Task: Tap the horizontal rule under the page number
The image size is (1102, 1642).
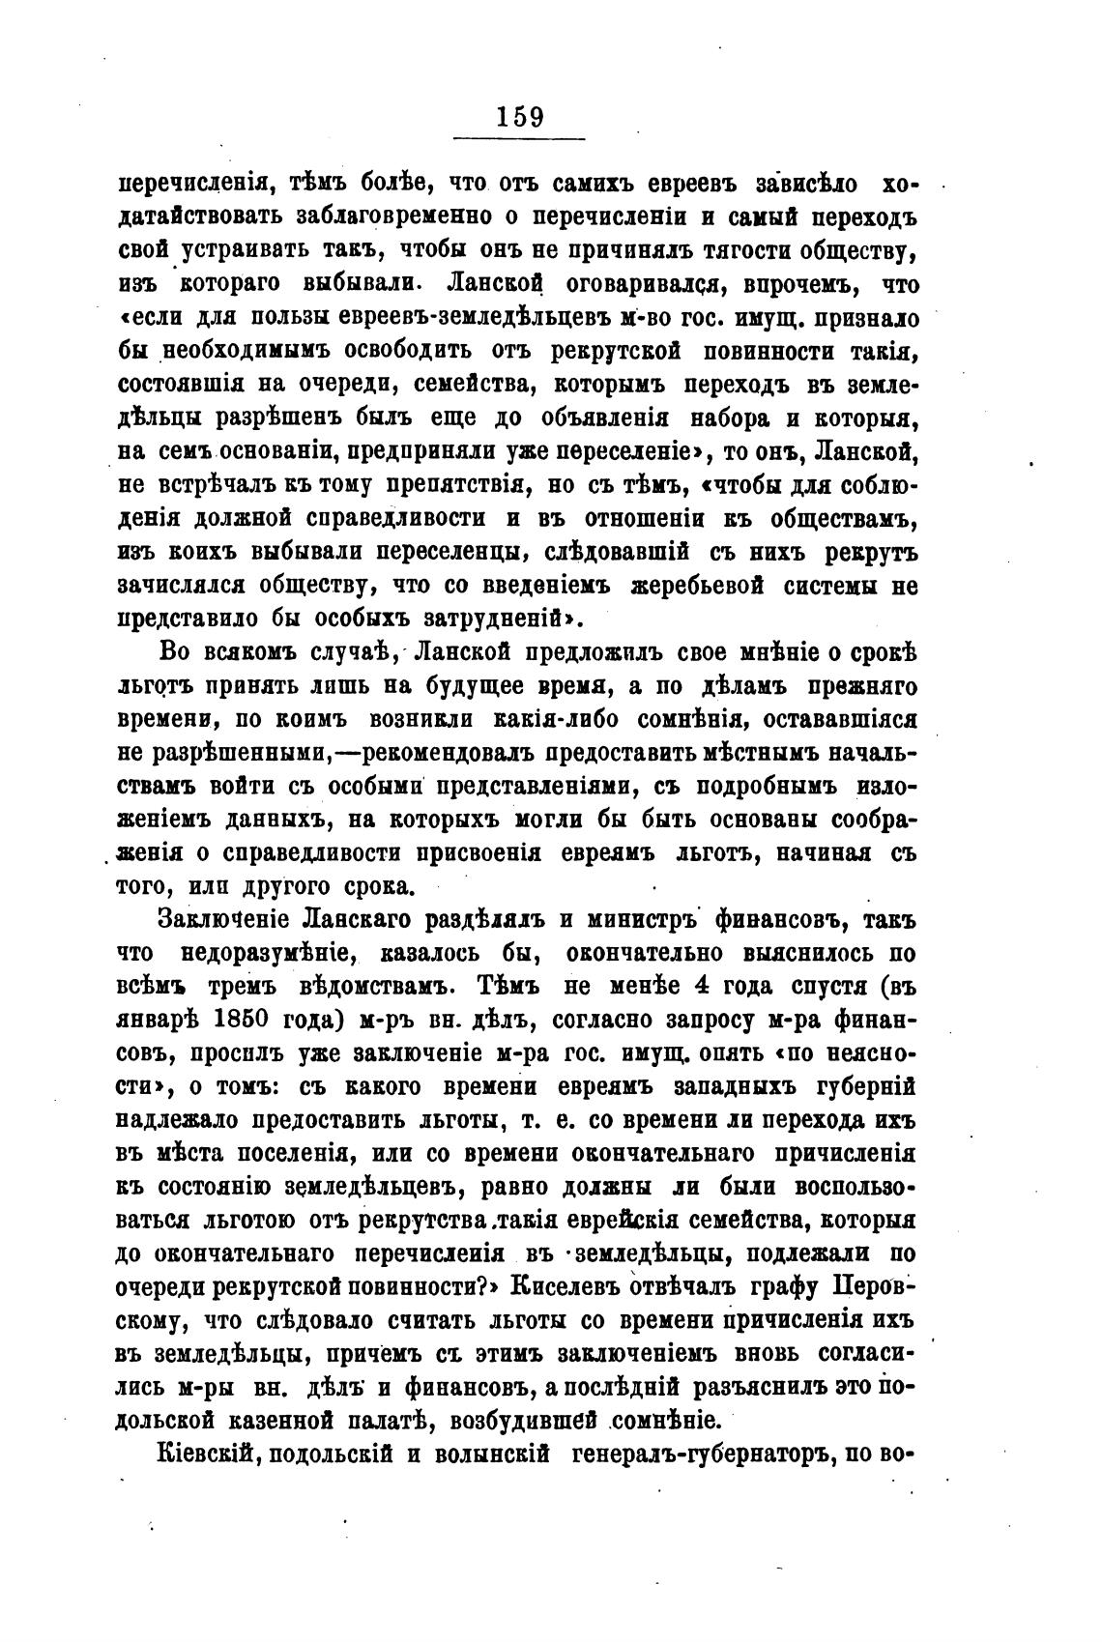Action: point(520,140)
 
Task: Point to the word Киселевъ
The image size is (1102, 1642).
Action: point(563,1287)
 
